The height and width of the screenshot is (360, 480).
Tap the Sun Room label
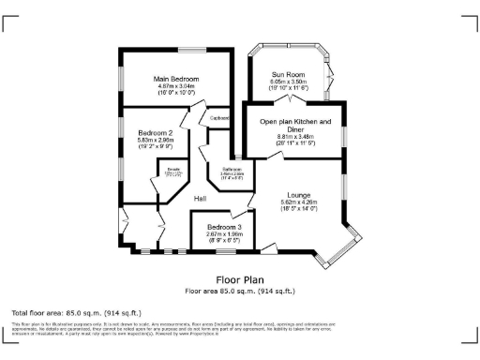click(290, 74)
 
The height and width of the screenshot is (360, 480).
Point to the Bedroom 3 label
click(225, 228)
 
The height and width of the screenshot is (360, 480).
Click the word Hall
click(201, 199)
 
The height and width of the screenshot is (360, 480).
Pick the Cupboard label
click(219, 118)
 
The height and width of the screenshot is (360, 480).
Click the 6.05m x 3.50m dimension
click(290, 82)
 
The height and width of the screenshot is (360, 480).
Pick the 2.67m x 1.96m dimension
click(225, 235)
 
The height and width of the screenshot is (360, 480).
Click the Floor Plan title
click(239, 279)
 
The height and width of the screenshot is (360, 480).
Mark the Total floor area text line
click(76, 312)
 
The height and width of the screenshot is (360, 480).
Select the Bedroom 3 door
click(248, 207)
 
